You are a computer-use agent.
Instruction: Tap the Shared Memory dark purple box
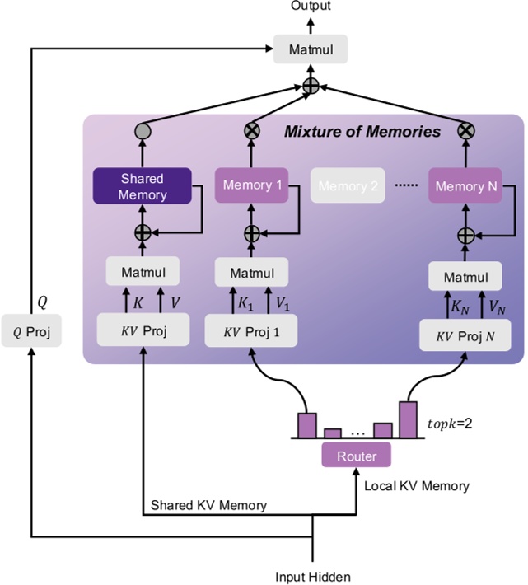point(143,186)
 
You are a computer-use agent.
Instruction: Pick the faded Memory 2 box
point(348,186)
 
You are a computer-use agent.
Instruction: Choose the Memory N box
point(466,186)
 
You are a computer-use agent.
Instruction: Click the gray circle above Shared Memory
point(143,131)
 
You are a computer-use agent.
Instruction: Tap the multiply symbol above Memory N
point(466,131)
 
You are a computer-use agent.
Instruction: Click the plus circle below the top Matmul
point(311,87)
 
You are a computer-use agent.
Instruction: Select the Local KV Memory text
point(417,485)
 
